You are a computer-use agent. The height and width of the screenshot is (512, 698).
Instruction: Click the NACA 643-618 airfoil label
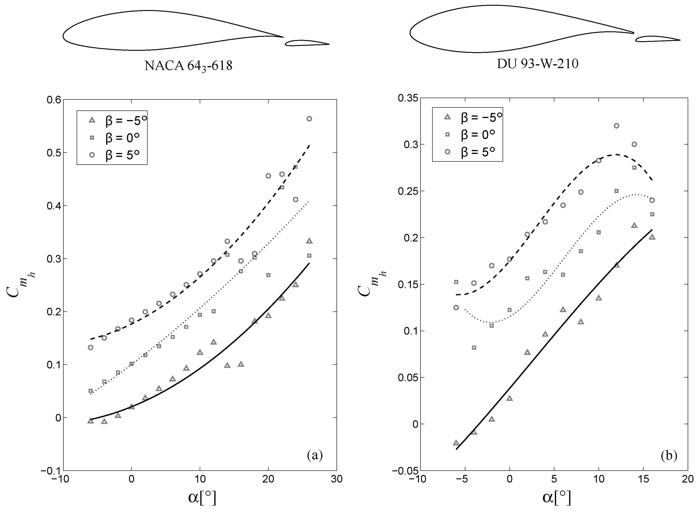coord(188,66)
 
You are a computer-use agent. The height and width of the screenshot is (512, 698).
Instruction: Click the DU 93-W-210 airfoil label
coord(537,64)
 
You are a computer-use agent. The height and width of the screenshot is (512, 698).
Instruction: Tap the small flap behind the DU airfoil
coord(657,39)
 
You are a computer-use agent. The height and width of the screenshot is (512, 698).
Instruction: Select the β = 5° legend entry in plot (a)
coord(112,154)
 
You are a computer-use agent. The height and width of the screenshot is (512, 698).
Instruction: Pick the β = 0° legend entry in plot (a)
coord(112,137)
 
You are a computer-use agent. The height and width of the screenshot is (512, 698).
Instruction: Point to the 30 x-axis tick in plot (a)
coord(337,479)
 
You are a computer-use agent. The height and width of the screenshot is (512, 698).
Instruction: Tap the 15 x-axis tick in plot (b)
coord(643,479)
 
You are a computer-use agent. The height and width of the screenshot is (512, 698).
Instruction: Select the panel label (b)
coord(669,455)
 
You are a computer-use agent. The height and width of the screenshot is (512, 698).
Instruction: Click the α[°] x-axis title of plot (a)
coord(202,497)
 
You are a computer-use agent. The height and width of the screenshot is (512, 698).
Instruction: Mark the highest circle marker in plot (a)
coord(309,119)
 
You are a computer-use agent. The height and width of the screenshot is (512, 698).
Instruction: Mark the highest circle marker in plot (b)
coord(617,126)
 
